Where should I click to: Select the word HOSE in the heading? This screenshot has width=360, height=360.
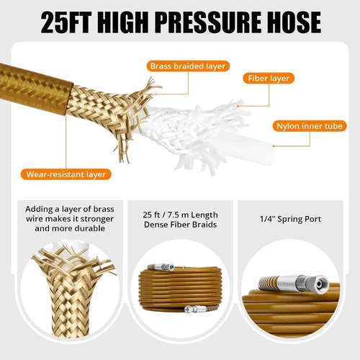[289, 22]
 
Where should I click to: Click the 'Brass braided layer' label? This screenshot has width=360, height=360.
[188, 66]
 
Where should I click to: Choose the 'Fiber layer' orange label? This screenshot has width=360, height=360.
[269, 78]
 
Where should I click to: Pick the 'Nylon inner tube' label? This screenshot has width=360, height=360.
[310, 126]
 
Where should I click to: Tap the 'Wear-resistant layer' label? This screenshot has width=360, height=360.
[66, 174]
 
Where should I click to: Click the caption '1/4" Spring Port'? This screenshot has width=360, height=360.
[290, 219]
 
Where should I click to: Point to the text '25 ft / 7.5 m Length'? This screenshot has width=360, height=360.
[180, 215]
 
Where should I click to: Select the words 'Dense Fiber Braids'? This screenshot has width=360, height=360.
[180, 225]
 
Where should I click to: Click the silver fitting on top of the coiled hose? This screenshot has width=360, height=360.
[161, 267]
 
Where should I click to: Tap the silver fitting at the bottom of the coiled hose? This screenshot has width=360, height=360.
[194, 309]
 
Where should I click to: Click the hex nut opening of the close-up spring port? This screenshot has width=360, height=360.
[320, 284]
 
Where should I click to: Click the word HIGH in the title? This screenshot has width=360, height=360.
[123, 22]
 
